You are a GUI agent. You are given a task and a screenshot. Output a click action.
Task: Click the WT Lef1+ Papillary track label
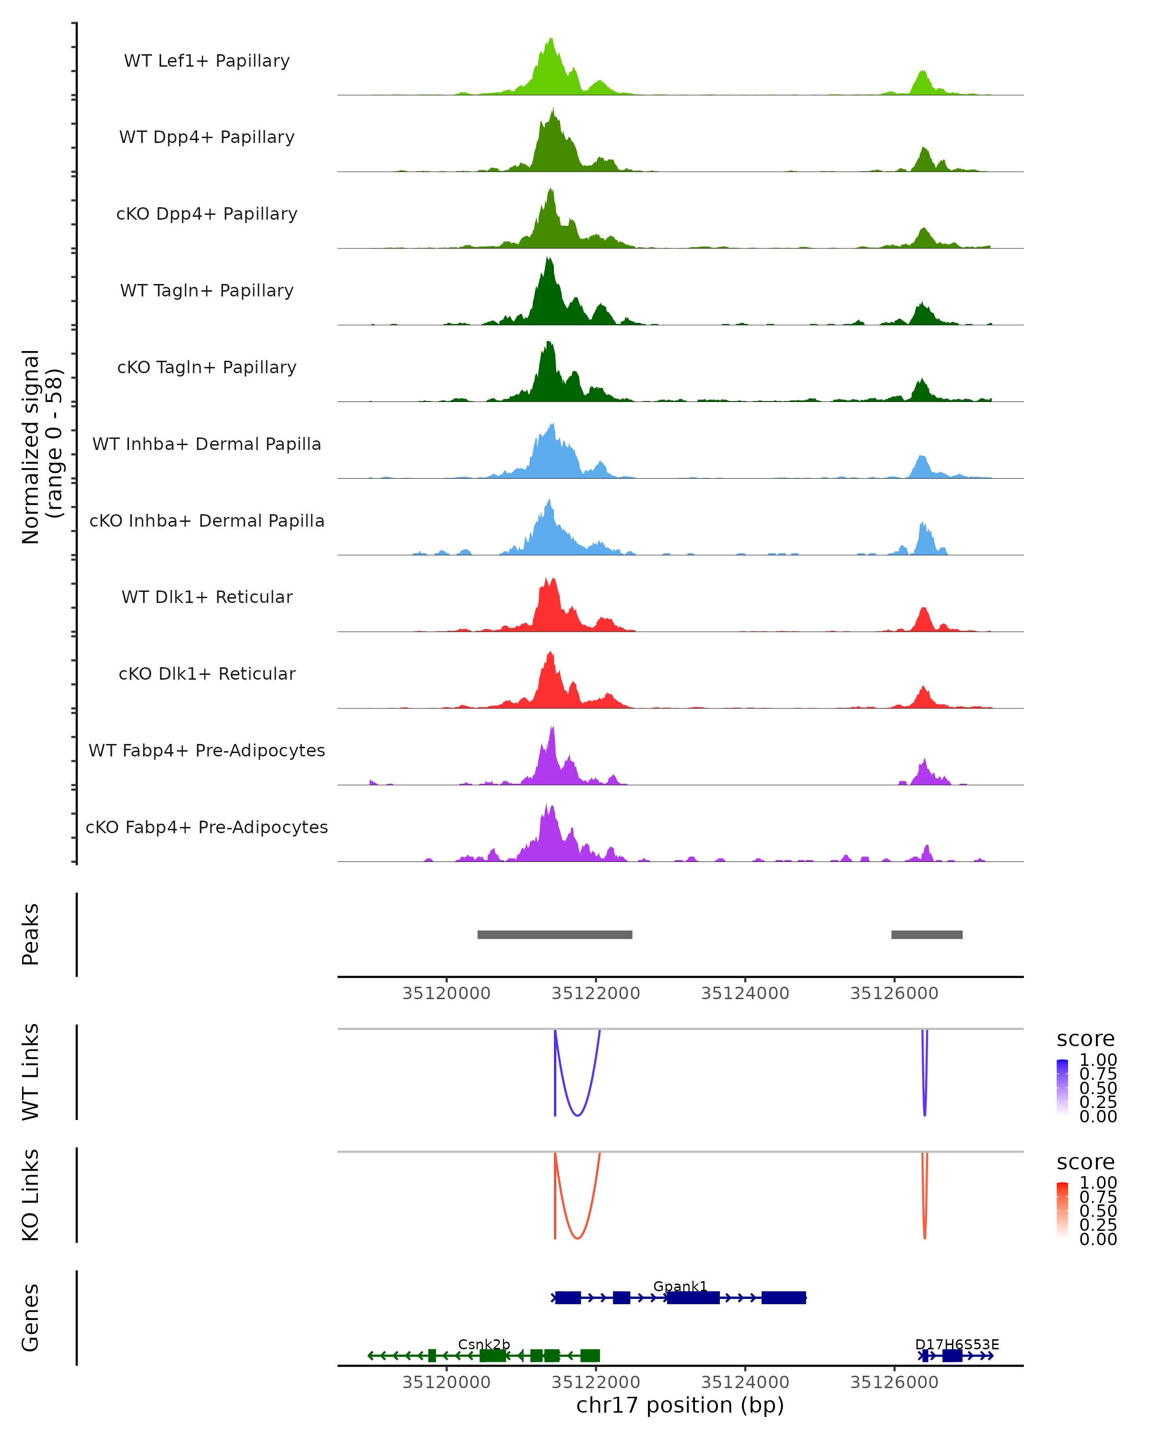tap(207, 61)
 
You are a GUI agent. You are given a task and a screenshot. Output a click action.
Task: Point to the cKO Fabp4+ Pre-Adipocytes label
tap(207, 827)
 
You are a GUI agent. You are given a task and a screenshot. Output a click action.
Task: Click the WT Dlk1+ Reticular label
tap(207, 597)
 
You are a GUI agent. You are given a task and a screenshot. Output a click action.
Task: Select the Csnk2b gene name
tap(484, 1344)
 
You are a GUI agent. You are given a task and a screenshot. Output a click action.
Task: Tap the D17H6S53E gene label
tap(957, 1344)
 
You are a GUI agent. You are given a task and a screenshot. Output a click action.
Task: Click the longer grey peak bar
tap(554, 934)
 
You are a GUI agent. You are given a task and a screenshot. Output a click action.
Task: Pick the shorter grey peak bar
tap(927, 934)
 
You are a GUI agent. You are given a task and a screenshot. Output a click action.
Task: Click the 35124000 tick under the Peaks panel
tap(745, 993)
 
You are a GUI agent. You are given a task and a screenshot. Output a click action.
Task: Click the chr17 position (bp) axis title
tap(680, 1405)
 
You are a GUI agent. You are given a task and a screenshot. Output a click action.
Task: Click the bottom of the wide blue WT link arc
tap(577, 1115)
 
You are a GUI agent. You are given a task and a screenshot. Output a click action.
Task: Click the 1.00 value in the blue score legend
tap(1098, 1060)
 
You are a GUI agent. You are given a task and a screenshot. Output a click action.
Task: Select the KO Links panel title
tap(31, 1195)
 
